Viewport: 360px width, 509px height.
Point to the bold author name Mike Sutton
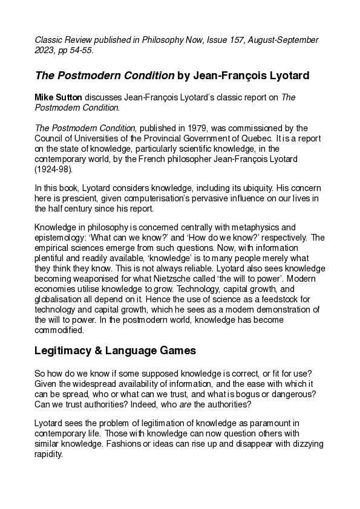[x=58, y=98]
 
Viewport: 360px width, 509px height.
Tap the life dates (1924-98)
[x=53, y=169]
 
